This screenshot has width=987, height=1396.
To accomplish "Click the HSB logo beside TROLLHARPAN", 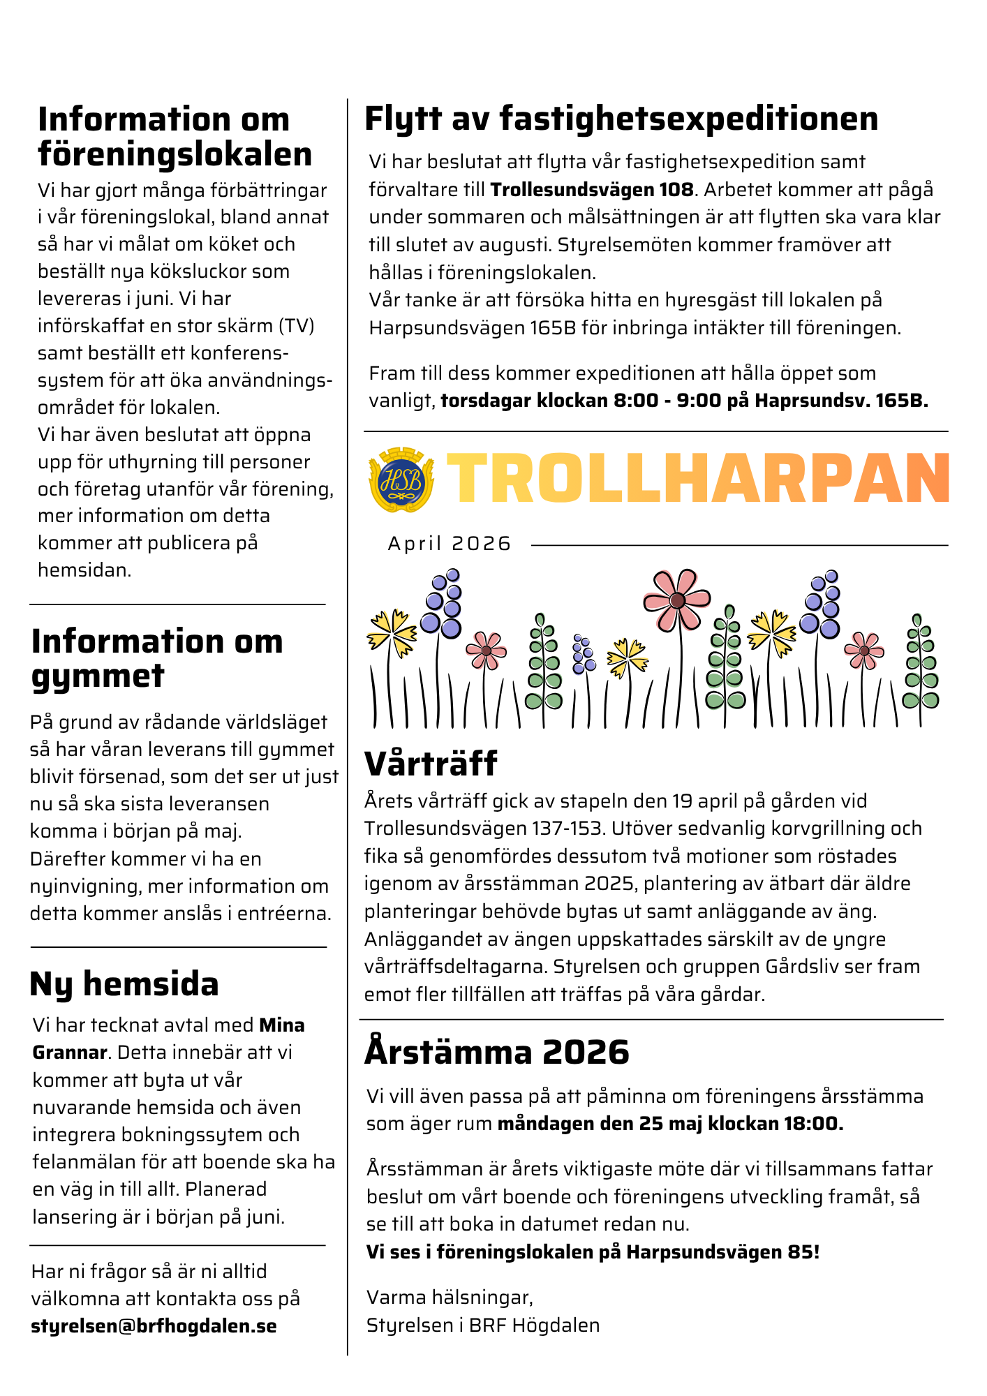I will point(401,479).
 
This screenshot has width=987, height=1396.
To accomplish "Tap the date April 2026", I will point(450,544).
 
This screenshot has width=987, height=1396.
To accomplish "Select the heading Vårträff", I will point(431,763).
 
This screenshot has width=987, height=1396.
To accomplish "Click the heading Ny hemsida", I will point(124,984).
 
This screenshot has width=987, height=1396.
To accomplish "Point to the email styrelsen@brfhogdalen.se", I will point(154,1326).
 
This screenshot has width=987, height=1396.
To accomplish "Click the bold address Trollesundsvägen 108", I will point(592,190).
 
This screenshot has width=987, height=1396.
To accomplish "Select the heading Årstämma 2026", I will point(496,1052).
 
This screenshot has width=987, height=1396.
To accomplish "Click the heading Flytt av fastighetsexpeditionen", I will point(621,119).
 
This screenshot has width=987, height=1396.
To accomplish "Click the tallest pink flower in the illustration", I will point(676,599).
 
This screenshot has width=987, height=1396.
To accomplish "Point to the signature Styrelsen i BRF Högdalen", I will point(483,1325).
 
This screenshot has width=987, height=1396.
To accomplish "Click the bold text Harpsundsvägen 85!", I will point(722,1252).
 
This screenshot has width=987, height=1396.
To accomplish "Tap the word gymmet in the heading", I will point(98,676).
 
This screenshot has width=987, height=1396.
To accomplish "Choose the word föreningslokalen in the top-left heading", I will point(175,154).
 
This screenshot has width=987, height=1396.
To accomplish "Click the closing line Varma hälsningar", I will point(450,1297).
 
